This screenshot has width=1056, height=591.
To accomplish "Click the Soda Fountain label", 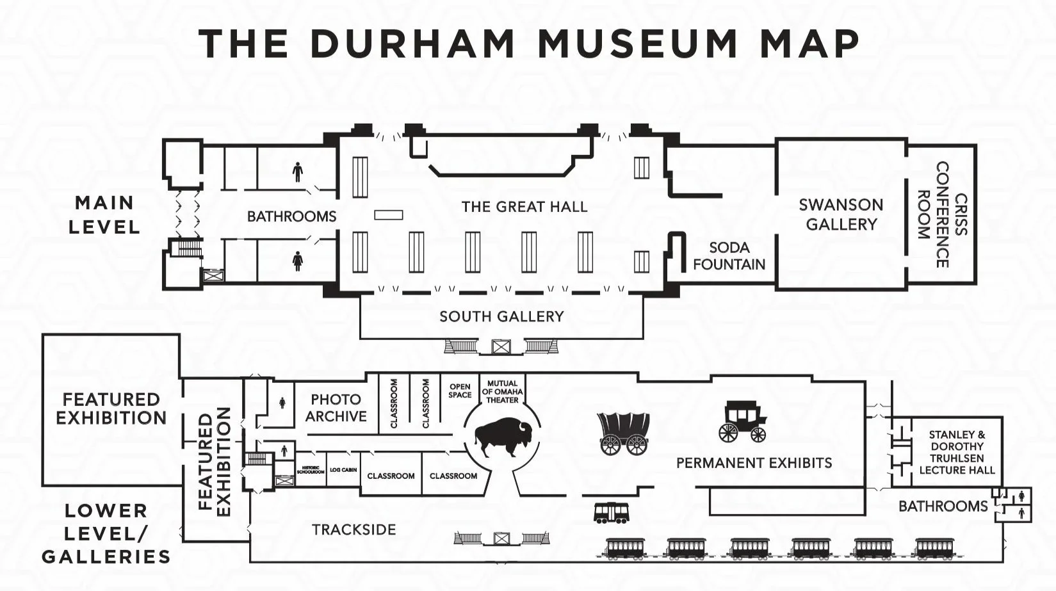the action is click(x=729, y=255).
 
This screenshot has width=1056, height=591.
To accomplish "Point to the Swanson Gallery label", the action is click(x=841, y=214).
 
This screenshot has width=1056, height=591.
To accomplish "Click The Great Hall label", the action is click(x=524, y=207).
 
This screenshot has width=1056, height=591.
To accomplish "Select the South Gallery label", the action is click(x=501, y=316).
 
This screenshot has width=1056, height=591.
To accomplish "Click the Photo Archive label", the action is click(x=336, y=408).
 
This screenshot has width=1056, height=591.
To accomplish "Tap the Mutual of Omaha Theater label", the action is click(x=502, y=392).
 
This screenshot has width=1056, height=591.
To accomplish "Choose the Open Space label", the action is click(x=460, y=391).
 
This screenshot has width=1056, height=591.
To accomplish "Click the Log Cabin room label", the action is click(x=343, y=470).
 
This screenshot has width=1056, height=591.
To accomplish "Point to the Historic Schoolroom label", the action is click(x=311, y=470).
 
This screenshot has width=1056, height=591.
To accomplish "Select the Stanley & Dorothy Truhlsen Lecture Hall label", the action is click(x=957, y=452).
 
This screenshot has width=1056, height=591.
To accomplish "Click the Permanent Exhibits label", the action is click(x=754, y=463).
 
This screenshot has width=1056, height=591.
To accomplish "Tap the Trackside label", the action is click(x=353, y=530).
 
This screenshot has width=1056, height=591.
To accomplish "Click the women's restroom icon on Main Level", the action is click(x=297, y=261).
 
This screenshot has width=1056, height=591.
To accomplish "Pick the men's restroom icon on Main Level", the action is click(x=297, y=172).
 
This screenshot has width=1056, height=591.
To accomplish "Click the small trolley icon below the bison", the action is click(x=611, y=512).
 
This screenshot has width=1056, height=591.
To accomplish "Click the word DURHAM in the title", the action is click(x=413, y=44).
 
